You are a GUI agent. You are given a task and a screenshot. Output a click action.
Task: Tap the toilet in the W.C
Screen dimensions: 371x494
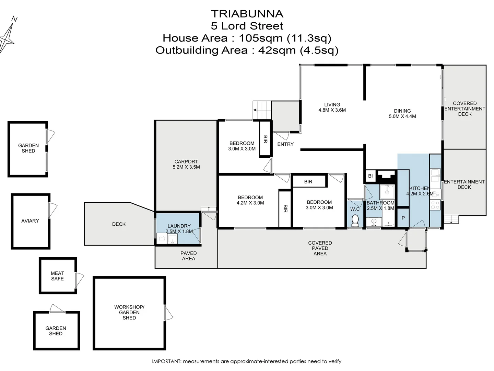pos(355,220)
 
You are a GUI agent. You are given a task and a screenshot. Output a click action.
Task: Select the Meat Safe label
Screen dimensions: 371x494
pos(57,276)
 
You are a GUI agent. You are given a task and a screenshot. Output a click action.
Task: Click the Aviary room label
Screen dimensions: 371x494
pos(30,221)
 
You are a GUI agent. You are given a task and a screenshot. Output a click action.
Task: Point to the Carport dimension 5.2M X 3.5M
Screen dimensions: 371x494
pos(186,167)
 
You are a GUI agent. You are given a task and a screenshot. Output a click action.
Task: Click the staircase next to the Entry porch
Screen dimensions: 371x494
pos(262,110)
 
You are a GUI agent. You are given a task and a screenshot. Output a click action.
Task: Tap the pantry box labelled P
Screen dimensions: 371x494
pos(403,218)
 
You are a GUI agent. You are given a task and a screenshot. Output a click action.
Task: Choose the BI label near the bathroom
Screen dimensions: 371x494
pos(370,176)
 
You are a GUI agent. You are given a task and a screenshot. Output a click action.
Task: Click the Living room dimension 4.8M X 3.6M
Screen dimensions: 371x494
pos(332,110)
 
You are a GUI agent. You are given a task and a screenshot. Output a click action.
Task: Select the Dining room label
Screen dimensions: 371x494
pos(402,111)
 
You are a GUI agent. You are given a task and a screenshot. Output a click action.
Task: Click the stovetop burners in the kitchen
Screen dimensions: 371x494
pos(435,205)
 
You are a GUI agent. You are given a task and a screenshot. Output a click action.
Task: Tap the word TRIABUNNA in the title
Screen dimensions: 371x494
pos(247,14)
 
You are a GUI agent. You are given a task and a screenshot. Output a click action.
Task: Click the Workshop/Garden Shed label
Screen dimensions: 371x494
pos(129,312)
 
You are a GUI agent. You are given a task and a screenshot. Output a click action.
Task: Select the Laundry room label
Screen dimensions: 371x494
pos(179,226)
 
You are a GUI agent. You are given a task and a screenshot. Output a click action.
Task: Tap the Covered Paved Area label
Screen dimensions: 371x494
pos(320,248)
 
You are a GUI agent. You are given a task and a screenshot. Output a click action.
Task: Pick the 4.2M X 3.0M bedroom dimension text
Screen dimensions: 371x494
pos(250,203)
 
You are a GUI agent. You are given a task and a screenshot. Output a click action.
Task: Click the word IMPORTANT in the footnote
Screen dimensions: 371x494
pos(166,361)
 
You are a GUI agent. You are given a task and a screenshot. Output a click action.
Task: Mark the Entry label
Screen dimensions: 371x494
pos(285,144)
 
